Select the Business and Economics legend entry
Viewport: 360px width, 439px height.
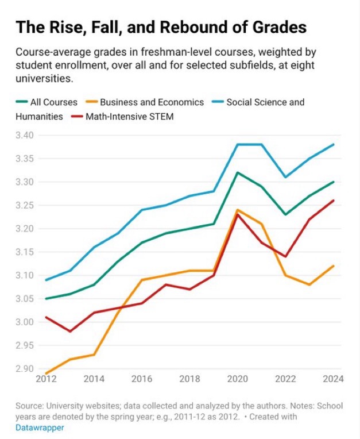point(152,102)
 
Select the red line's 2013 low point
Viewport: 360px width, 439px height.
point(69,332)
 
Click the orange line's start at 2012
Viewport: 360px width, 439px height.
point(46,373)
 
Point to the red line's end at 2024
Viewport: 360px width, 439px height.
point(334,201)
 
